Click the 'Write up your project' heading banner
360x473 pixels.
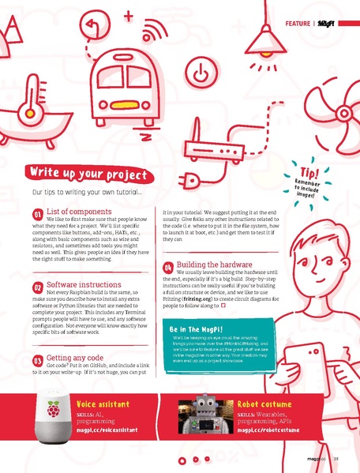coord(88,174)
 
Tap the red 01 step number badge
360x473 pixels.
coord(37,214)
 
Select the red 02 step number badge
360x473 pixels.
coord(37,287)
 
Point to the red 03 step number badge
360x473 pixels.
coord(37,360)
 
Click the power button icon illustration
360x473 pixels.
coord(203,71)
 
